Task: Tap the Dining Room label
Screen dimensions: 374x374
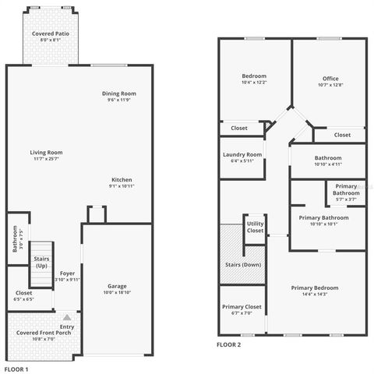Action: tap(118, 94)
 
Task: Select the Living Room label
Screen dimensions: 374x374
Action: tap(47, 152)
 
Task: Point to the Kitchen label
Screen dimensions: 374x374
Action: tap(122, 180)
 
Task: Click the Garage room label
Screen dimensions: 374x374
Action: tap(116, 286)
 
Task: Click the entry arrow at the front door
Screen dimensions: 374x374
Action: tap(67, 317)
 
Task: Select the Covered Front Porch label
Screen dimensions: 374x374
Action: tap(44, 333)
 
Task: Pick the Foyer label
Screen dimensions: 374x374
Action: tap(68, 273)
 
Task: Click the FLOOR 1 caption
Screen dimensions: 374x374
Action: tap(16, 369)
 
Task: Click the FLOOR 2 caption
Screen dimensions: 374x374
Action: tap(228, 344)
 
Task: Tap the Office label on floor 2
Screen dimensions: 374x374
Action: tap(330, 77)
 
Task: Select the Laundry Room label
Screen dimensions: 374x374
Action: tap(242, 154)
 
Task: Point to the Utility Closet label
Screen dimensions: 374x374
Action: tap(255, 227)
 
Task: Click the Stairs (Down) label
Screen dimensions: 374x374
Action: tap(244, 265)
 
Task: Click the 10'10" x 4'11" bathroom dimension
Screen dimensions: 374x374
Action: tap(327, 164)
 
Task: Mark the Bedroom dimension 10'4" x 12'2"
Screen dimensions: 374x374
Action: tap(254, 82)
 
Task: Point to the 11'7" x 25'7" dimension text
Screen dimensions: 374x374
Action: tap(47, 158)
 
